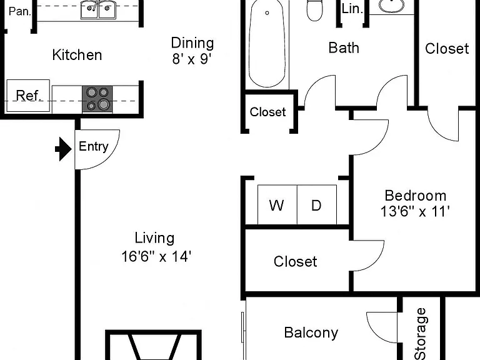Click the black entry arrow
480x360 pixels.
tap(63, 149)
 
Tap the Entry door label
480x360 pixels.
tap(93, 146)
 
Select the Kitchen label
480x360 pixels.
tap(77, 55)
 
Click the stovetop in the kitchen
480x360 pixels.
tap(97, 99)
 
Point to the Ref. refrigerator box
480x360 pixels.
tap(28, 96)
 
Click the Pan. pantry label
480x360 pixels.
tap(20, 11)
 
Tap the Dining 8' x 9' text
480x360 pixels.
tap(192, 51)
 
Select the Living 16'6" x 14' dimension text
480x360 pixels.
tap(156, 247)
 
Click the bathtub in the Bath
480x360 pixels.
tap(267, 43)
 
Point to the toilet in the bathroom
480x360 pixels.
tap(315, 10)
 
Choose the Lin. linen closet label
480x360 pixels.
tap(352, 9)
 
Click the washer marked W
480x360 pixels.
tap(277, 204)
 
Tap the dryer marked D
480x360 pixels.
tap(317, 204)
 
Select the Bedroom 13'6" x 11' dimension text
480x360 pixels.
tap(415, 204)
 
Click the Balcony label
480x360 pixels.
tap(311, 332)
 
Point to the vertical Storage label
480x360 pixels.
tap(421, 334)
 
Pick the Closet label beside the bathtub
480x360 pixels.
tap(267, 112)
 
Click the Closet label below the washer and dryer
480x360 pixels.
tap(296, 261)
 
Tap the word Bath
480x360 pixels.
tap(344, 48)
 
